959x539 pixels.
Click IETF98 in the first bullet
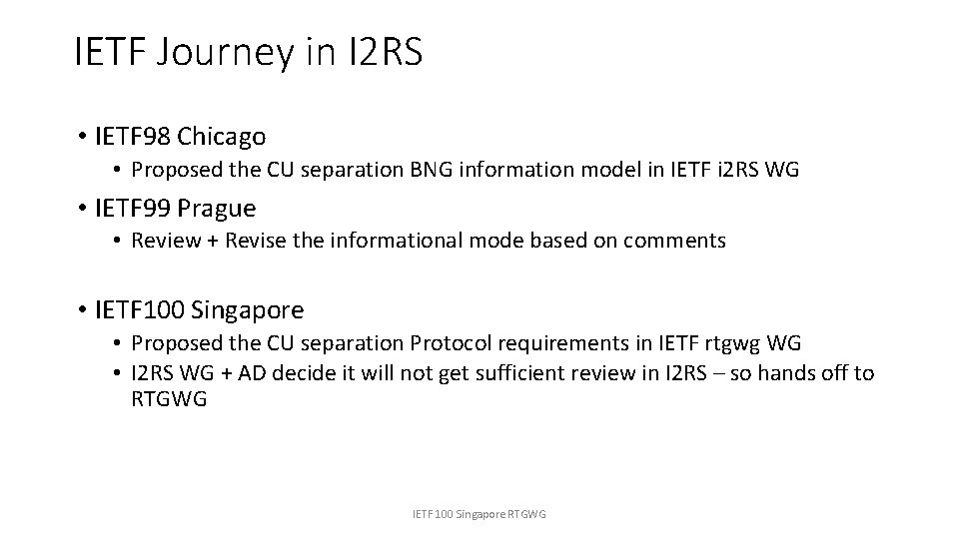click(133, 135)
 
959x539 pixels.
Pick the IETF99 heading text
click(133, 208)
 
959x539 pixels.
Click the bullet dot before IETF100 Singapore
click(82, 310)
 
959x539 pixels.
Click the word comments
click(679, 241)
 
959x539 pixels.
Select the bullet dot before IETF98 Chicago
click(82, 135)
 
